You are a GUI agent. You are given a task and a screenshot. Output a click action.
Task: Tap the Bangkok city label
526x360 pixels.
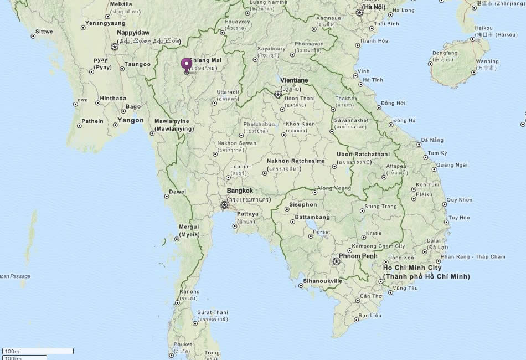pyautogui.click(x=240, y=191)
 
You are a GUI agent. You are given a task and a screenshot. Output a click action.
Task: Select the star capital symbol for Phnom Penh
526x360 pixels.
pyautogui.click(x=336, y=261)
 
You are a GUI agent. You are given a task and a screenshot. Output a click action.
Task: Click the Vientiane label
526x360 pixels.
pyautogui.click(x=294, y=80)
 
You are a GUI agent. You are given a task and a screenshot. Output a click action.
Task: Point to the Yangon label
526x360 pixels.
pyautogui.click(x=131, y=120)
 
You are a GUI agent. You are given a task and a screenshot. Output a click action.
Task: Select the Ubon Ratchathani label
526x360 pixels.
pyautogui.click(x=363, y=154)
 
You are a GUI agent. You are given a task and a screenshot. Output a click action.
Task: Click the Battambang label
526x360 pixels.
pyautogui.click(x=312, y=217)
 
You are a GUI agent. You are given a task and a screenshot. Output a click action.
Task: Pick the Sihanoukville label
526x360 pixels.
pyautogui.click(x=323, y=281)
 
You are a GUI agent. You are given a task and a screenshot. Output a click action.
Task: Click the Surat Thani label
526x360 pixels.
pyautogui.click(x=213, y=312)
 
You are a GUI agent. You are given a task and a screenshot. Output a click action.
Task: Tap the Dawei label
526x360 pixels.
pyautogui.click(x=178, y=192)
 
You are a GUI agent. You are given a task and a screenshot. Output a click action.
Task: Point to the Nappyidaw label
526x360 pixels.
pyautogui.click(x=133, y=33)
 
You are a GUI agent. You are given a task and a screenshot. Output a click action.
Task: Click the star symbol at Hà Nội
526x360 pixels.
pyautogui.click(x=359, y=13)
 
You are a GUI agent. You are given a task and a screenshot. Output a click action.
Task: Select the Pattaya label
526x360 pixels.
pyautogui.click(x=247, y=213)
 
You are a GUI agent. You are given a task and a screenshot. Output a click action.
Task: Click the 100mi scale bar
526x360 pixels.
pyautogui.click(x=38, y=351)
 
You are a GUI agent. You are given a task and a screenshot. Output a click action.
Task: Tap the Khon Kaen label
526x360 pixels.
pyautogui.click(x=300, y=124)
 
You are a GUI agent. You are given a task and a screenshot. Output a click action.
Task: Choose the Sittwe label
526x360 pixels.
pyautogui.click(x=44, y=32)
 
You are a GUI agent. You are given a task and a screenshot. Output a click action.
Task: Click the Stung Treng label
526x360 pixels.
pyautogui.click(x=381, y=207)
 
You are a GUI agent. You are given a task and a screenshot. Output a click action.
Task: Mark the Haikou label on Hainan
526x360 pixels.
pyautogui.click(x=483, y=28)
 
